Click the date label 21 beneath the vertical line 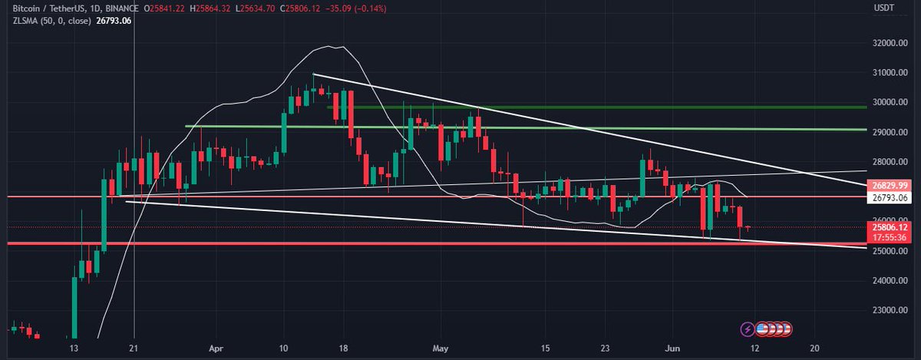[x=134, y=346]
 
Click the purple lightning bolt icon [x=747, y=329]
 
